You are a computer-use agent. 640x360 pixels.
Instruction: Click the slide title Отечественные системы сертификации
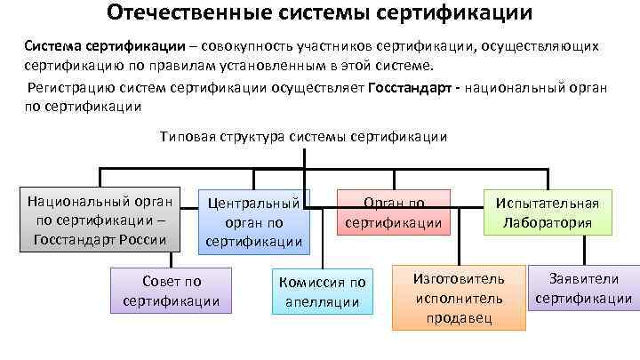click(x=319, y=14)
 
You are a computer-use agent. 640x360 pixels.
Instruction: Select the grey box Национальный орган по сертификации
click(x=100, y=220)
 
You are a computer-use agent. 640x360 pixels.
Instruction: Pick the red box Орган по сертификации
click(x=393, y=212)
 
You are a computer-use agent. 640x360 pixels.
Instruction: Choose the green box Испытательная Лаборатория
click(x=547, y=212)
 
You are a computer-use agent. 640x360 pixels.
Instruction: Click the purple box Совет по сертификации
click(x=171, y=291)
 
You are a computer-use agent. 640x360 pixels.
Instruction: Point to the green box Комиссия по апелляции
click(x=322, y=292)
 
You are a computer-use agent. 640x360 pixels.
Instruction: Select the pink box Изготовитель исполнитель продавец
click(x=458, y=298)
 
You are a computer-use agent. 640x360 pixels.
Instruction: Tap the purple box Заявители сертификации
click(x=583, y=288)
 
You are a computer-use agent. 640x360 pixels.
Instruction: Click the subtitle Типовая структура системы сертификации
click(x=303, y=136)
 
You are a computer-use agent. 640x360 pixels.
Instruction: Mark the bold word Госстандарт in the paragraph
click(x=409, y=88)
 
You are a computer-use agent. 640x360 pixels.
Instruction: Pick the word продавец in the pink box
click(x=458, y=318)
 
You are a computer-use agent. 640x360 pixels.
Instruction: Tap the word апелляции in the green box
click(x=322, y=302)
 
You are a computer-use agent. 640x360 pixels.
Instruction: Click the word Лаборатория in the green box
click(x=547, y=222)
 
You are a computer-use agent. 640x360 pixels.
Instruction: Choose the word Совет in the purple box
click(x=161, y=281)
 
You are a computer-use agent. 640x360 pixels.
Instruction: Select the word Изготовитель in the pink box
click(x=458, y=279)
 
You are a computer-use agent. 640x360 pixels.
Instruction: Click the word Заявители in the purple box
click(x=583, y=278)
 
